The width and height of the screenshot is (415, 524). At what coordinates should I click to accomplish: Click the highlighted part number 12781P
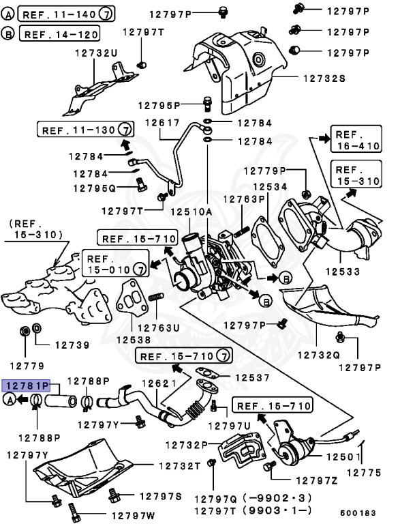coord(27,385)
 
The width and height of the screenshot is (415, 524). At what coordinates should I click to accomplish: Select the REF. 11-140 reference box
coord(65,14)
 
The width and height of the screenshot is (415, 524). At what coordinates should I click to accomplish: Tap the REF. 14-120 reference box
coord(60,33)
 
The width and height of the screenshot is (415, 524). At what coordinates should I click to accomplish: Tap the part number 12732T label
coord(179,465)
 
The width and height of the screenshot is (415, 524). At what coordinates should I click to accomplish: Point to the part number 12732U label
coord(95,53)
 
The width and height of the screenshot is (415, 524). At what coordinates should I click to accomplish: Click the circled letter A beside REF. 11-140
coord(8,14)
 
